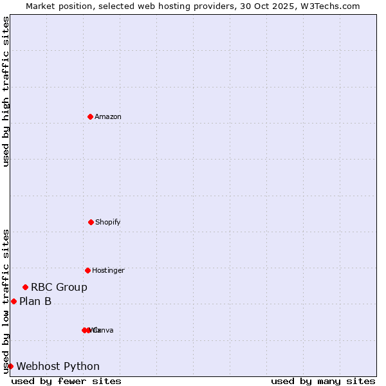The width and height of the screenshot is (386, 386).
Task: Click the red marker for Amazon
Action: (90, 116)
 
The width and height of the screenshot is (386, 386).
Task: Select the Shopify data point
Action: (91, 222)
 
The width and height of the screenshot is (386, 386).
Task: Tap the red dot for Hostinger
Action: (87, 270)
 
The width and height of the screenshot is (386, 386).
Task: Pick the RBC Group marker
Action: (25, 287)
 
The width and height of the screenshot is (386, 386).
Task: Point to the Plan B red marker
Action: (14, 301)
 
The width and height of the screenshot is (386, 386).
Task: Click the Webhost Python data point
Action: (10, 366)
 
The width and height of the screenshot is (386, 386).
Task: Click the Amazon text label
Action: (108, 116)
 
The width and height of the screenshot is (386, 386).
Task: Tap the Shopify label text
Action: (108, 222)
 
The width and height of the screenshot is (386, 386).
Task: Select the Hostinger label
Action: (108, 270)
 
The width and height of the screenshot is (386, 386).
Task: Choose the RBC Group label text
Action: (59, 288)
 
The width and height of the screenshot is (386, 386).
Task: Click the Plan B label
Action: (35, 301)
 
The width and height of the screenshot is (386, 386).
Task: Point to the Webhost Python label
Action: (58, 367)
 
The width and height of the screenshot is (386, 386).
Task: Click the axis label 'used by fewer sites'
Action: (66, 381)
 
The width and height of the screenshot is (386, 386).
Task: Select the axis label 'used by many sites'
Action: (323, 381)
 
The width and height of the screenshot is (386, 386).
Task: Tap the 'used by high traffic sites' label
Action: (6, 91)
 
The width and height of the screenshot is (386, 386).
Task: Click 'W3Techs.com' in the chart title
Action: (333, 6)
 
